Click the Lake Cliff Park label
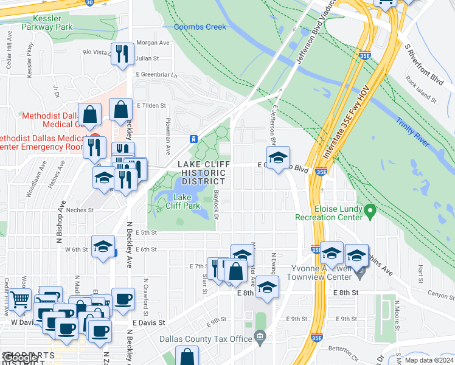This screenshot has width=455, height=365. pos(187,201)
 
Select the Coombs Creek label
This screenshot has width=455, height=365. pos(200,27)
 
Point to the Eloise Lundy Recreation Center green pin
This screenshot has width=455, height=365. pos(369,210)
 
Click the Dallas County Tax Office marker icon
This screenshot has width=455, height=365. pos(260,336)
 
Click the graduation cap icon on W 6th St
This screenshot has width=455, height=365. pos(103,246)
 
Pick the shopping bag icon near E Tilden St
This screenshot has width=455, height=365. pos(121,110)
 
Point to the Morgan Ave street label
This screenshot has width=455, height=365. pos(152,43)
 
